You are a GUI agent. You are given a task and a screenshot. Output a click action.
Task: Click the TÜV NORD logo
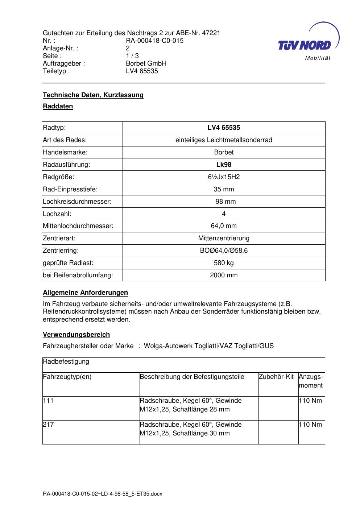click(x=305, y=45)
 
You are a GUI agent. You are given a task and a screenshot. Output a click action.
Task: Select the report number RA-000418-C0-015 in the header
click(x=154, y=41)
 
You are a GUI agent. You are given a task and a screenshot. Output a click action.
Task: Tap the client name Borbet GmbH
click(x=146, y=63)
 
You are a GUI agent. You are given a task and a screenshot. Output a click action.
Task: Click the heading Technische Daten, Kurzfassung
click(x=93, y=95)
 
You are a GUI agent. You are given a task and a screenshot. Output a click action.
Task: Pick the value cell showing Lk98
click(x=224, y=165)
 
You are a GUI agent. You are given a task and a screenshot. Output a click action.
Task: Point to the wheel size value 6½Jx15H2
click(x=224, y=177)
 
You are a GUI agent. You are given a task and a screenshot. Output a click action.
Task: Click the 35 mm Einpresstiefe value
click(x=224, y=189)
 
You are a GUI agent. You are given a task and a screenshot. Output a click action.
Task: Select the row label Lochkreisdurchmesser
click(x=77, y=202)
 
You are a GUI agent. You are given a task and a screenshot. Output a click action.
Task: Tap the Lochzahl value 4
click(x=224, y=214)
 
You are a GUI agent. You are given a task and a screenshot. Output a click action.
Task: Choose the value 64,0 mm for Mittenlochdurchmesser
click(x=224, y=226)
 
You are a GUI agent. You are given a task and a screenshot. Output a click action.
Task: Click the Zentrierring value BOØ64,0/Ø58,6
click(x=224, y=251)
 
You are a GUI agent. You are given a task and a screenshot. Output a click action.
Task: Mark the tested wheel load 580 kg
click(x=224, y=263)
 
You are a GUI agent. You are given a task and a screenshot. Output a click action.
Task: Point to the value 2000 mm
click(x=224, y=275)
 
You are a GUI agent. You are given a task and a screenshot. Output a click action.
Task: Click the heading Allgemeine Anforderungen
click(x=85, y=293)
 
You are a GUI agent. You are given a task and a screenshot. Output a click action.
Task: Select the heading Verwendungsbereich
click(x=76, y=335)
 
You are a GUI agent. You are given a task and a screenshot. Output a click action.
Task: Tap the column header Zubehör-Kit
click(x=276, y=377)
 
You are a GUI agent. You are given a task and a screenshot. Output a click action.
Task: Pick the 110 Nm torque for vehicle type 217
click(x=310, y=425)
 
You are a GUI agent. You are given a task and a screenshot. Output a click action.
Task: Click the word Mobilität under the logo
click(x=318, y=58)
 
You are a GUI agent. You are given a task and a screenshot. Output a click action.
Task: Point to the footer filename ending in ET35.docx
click(x=102, y=494)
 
